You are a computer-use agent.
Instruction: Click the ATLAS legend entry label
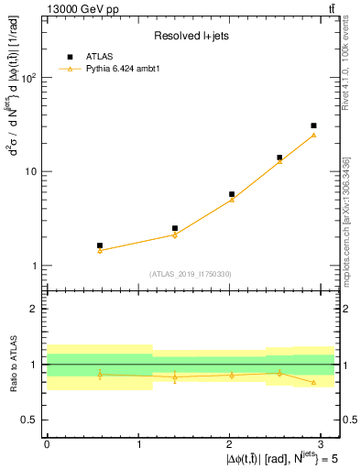(99, 57)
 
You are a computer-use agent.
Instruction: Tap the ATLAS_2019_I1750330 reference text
(191, 274)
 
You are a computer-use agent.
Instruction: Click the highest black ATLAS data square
(313, 125)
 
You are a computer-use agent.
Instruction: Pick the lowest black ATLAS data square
(100, 245)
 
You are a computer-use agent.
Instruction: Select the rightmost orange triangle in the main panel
(313, 136)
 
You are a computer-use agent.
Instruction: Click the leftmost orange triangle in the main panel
(100, 250)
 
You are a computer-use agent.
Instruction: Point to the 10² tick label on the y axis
(28, 78)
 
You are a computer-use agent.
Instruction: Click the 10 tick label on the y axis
(30, 172)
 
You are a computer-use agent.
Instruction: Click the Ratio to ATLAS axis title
(12, 364)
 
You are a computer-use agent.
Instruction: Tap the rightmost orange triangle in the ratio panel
(313, 382)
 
